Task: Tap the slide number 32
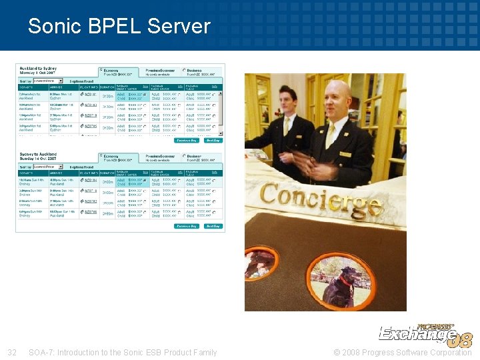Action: [11, 352]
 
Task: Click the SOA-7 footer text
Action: [123, 352]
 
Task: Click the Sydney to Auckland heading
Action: [37, 157]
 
